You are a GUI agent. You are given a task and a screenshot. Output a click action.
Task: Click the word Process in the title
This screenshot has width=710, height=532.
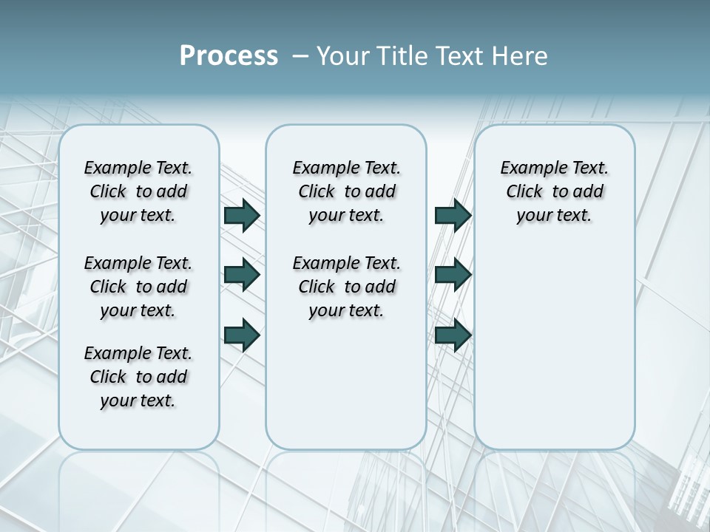click(229, 56)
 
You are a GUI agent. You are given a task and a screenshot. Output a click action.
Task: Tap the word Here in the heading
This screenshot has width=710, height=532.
click(519, 56)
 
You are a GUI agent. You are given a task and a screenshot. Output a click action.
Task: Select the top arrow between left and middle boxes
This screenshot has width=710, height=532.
click(241, 215)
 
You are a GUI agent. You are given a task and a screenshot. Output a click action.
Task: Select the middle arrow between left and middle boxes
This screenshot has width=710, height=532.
click(241, 275)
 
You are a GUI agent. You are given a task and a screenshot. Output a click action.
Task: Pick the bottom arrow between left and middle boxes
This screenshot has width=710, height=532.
click(241, 335)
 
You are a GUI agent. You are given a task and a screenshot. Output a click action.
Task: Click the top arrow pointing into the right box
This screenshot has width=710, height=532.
click(452, 215)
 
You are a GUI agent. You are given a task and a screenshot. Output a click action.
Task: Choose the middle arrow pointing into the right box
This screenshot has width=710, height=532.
click(452, 275)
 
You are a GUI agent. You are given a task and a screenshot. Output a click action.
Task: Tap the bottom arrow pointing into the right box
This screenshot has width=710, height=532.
click(452, 335)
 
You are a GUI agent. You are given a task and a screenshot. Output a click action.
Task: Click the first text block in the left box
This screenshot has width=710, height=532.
click(138, 191)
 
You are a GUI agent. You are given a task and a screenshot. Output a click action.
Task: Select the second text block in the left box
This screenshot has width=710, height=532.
click(138, 287)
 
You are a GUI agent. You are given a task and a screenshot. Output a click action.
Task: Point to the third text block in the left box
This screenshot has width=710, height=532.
click(138, 377)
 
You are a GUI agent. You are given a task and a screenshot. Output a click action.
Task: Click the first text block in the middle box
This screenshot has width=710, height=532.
click(346, 191)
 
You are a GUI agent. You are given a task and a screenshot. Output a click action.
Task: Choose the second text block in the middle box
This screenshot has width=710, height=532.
click(346, 287)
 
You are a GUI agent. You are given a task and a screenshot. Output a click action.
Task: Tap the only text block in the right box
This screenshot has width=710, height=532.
click(554, 191)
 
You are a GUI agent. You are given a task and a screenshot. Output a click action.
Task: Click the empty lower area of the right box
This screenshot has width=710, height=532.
click(554, 355)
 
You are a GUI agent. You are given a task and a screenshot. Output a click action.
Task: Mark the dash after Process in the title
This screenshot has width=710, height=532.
click(300, 56)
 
